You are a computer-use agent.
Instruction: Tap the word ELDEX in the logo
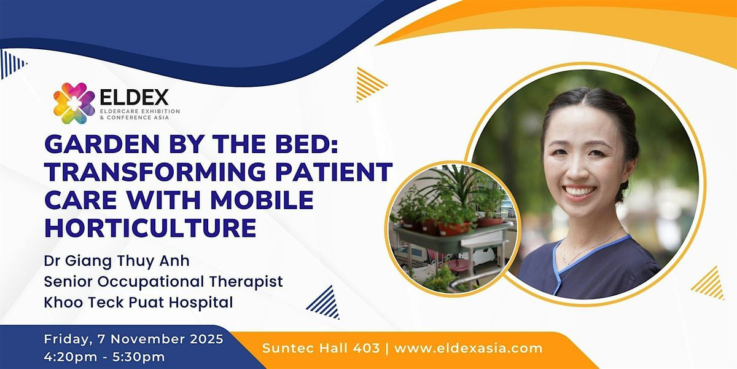click(x=135, y=97)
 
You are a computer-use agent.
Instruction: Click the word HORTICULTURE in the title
click(x=150, y=228)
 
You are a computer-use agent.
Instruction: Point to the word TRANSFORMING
click(x=155, y=172)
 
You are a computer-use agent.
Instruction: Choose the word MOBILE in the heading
click(x=262, y=200)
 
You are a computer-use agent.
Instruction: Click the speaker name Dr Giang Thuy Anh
click(x=117, y=261)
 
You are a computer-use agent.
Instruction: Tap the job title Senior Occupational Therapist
click(x=163, y=282)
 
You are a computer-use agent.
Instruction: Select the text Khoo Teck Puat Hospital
click(x=139, y=303)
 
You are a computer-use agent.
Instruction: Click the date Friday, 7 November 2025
click(x=134, y=339)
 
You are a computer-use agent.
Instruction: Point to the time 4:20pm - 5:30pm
click(x=104, y=357)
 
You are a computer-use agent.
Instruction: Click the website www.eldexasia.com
click(x=468, y=348)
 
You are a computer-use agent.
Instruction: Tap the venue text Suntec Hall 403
click(x=321, y=348)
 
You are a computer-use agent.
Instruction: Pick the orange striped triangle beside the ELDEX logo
click(x=371, y=84)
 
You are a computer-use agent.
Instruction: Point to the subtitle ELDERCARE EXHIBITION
click(x=140, y=111)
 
